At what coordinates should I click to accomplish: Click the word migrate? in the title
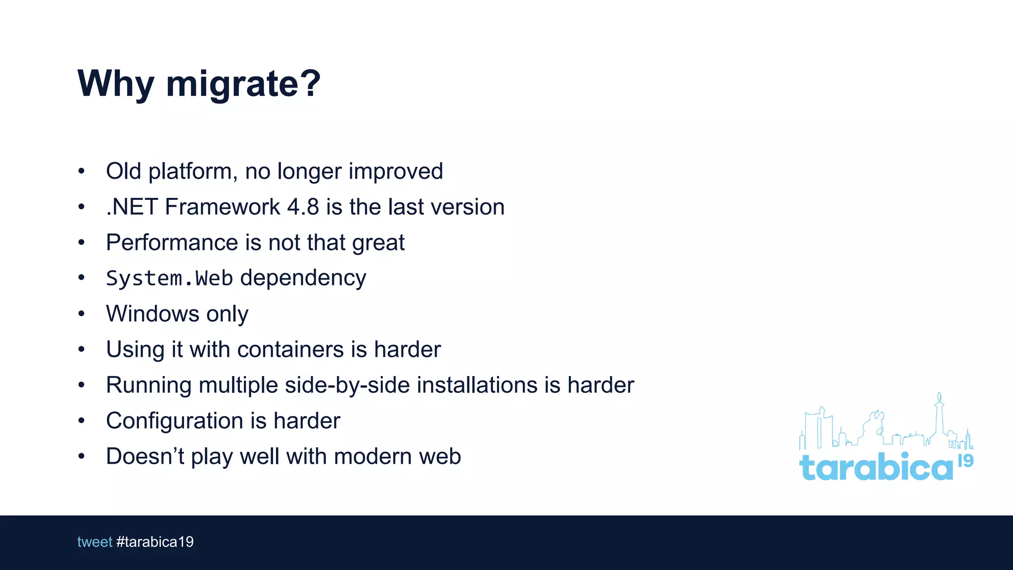click(243, 84)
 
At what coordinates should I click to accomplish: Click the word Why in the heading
click(116, 84)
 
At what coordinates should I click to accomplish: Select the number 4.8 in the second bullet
click(303, 207)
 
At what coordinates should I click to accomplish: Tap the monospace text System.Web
click(169, 279)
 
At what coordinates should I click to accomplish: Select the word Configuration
click(175, 421)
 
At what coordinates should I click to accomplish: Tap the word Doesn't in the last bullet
click(144, 456)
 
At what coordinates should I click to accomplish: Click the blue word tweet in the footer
click(94, 542)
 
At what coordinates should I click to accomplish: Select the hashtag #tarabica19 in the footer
click(155, 542)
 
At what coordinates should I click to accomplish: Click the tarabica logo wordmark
click(875, 468)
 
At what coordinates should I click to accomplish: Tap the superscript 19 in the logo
click(966, 461)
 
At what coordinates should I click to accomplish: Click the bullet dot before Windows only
click(82, 314)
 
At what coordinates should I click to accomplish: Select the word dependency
click(303, 279)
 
